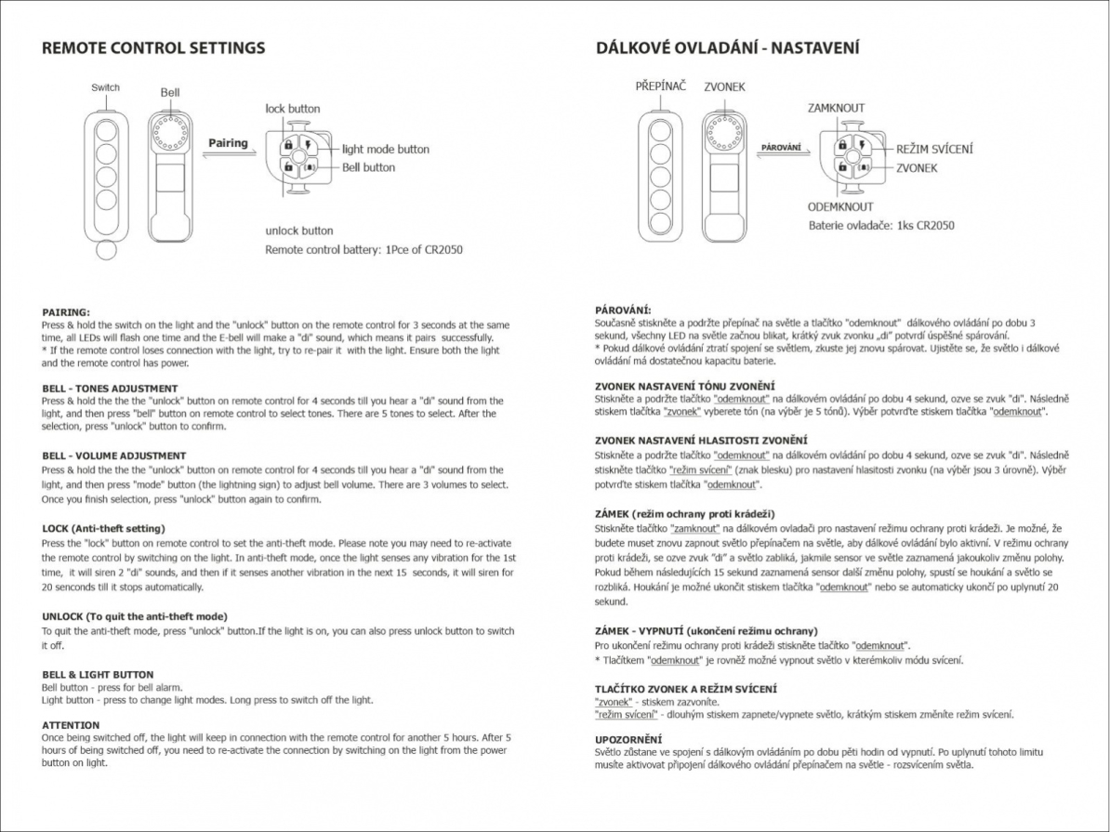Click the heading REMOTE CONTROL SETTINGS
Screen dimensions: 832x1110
coord(153,48)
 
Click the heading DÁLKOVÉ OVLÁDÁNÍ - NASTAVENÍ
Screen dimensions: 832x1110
coord(727,47)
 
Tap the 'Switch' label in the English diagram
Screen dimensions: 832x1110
coord(105,87)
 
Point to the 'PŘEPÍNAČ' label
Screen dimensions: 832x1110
coord(661,86)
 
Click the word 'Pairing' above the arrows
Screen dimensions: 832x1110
coord(228,143)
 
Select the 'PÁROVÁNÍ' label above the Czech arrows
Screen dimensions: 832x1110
coord(781,148)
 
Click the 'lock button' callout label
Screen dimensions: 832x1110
coord(292,109)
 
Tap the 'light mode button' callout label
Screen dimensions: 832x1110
coord(386,149)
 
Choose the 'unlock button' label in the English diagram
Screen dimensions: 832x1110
coord(298,231)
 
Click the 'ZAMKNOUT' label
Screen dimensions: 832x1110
coord(836,108)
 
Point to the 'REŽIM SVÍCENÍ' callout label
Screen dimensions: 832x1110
coord(935,149)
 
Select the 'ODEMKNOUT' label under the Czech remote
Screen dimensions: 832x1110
coord(840,206)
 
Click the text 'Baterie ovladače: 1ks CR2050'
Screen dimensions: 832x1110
coord(880,225)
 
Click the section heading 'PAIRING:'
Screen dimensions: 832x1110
coord(66,312)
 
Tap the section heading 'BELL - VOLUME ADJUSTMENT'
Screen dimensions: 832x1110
coord(114,456)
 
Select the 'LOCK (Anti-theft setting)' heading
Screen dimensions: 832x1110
coord(104,528)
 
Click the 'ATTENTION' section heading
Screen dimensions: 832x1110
coord(71,724)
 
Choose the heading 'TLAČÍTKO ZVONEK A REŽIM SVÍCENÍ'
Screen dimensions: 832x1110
coord(685,689)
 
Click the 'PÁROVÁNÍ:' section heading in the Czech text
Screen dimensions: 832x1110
coord(623,310)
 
